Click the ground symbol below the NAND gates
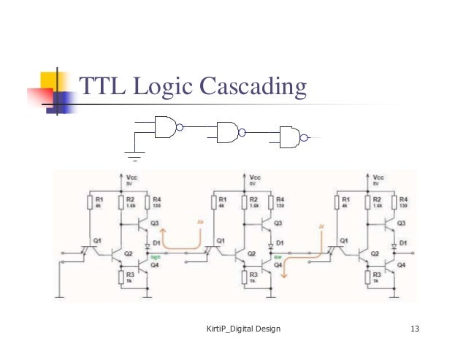click(x=134, y=154)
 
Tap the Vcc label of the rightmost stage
click(x=378, y=178)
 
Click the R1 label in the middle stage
click(x=222, y=199)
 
